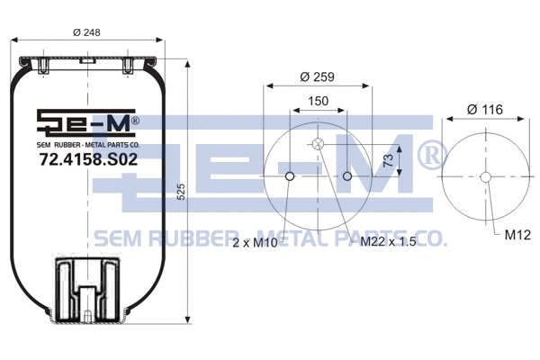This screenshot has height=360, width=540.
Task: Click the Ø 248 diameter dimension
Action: pyautogui.click(x=86, y=33)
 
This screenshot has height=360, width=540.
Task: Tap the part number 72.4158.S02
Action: pyautogui.click(x=88, y=160)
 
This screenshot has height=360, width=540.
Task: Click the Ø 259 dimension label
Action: pyautogui.click(x=318, y=77)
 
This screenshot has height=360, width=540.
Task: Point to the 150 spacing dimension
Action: pyautogui.click(x=318, y=103)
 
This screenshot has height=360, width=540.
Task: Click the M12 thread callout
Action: pyautogui.click(x=517, y=236)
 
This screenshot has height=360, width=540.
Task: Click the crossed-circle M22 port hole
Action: pyautogui.click(x=318, y=144)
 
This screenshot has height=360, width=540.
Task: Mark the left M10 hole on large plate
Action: pyautogui.click(x=289, y=176)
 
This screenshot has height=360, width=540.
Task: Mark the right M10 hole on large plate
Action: pyautogui.click(x=347, y=176)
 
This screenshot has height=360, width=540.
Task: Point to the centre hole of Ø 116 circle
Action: pyautogui.click(x=485, y=176)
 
